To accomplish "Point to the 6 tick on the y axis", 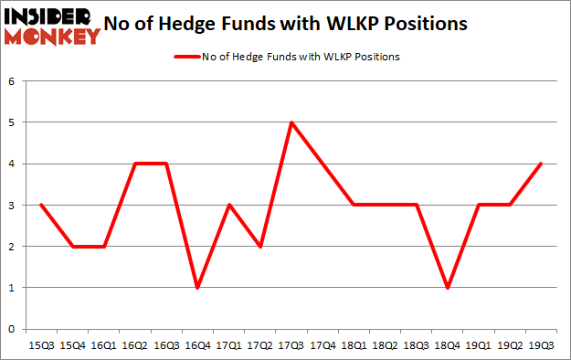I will click(x=13, y=81).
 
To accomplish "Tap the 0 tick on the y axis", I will click(x=13, y=329).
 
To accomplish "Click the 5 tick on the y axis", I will click(x=13, y=122).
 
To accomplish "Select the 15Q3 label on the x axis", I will click(x=40, y=345).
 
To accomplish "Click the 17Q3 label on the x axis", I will click(x=291, y=345).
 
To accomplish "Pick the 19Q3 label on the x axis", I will click(x=541, y=345).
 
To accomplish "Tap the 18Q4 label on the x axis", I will click(x=447, y=345).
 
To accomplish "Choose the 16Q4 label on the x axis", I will click(x=196, y=345).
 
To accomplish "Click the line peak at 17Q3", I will click(x=291, y=122).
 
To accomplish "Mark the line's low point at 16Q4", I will click(x=196, y=288).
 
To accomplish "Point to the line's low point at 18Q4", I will click(x=447, y=288).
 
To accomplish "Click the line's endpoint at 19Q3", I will click(x=541, y=164).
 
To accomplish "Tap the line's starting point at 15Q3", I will click(x=40, y=206).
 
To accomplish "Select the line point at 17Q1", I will click(x=228, y=206).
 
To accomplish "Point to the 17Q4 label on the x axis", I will click(x=322, y=345).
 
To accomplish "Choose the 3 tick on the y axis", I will click(x=13, y=206).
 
